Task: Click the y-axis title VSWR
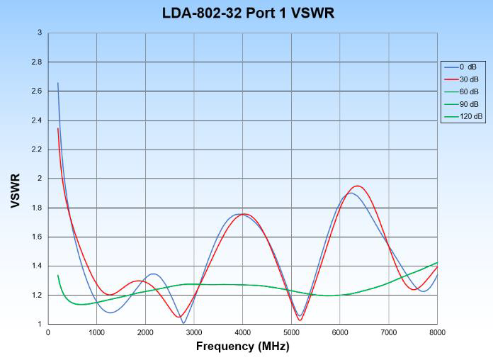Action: click(15, 191)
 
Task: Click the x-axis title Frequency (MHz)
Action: click(242, 347)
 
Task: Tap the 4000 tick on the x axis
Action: click(242, 332)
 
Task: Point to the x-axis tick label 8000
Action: click(437, 332)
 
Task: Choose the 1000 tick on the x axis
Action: click(96, 332)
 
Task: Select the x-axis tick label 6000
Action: click(340, 332)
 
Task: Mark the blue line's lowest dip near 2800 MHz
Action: click(183, 323)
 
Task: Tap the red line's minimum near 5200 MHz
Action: click(300, 320)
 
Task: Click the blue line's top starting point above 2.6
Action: click(58, 83)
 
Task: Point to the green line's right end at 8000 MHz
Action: click(437, 262)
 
